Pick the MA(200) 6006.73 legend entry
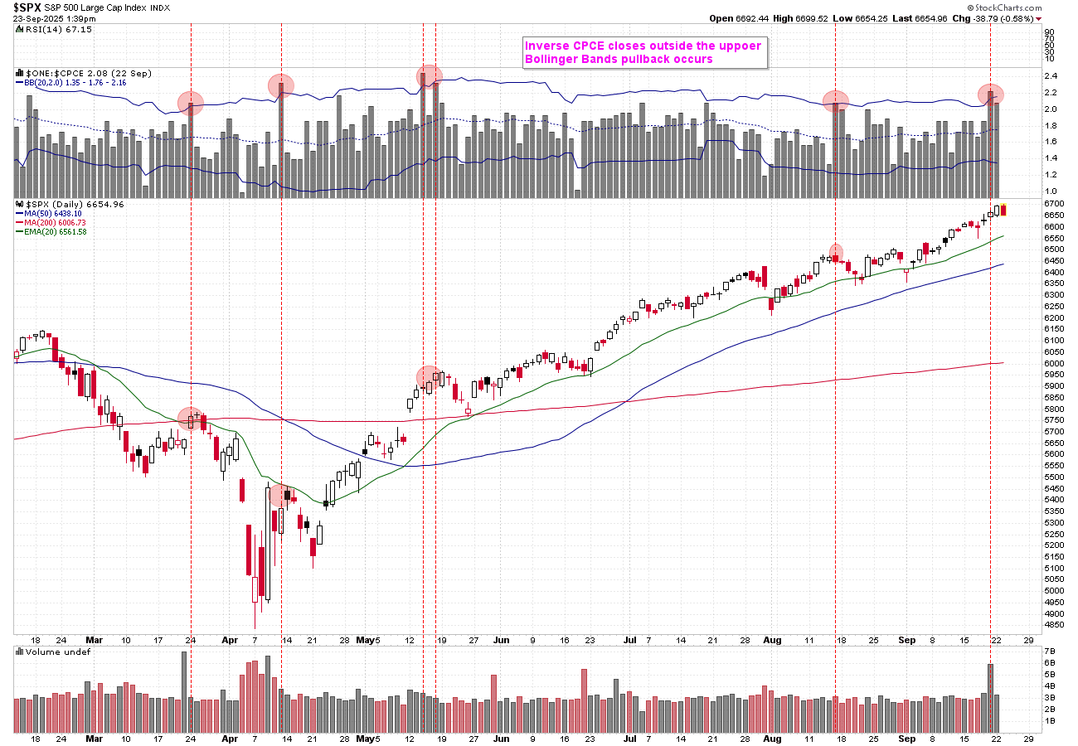pyautogui.click(x=54, y=222)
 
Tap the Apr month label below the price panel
pyautogui.click(x=231, y=640)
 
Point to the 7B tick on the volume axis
pyautogui.click(x=1050, y=652)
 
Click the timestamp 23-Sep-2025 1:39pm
pyautogui.click(x=54, y=18)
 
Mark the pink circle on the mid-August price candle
pyautogui.click(x=837, y=252)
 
